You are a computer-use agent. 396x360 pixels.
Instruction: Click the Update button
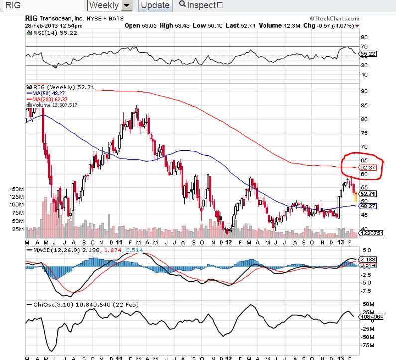coord(154,6)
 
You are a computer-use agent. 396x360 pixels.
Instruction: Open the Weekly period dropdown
coord(127,6)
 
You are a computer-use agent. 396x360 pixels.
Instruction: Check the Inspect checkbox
coord(220,5)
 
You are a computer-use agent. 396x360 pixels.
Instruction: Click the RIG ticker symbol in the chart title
coord(31,19)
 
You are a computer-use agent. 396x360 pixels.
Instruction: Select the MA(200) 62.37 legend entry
coord(48,99)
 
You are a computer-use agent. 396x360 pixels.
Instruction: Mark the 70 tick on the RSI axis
coord(364,46)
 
